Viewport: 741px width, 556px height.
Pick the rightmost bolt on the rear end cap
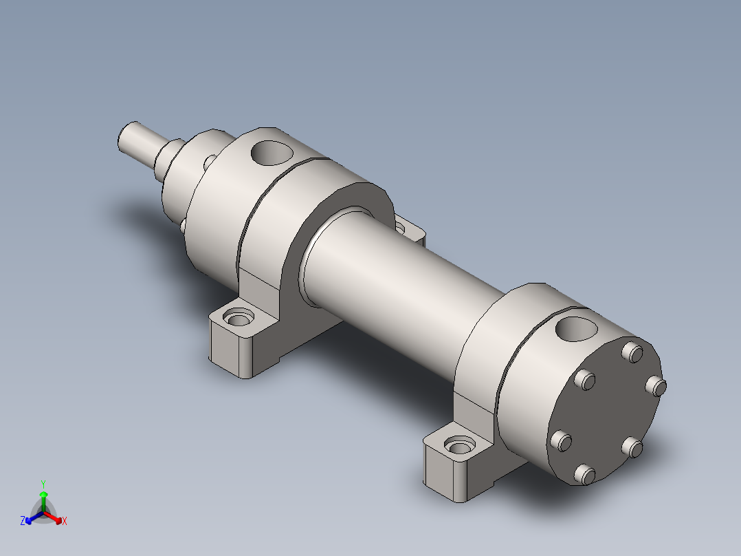click(657, 387)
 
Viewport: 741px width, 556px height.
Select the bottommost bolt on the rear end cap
click(584, 474)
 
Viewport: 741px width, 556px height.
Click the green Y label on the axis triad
click(43, 484)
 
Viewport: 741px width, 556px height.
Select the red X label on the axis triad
click(65, 522)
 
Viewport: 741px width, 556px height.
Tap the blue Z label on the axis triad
click(23, 522)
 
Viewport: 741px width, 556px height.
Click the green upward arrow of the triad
click(43, 497)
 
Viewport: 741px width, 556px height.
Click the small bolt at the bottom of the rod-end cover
click(183, 224)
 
